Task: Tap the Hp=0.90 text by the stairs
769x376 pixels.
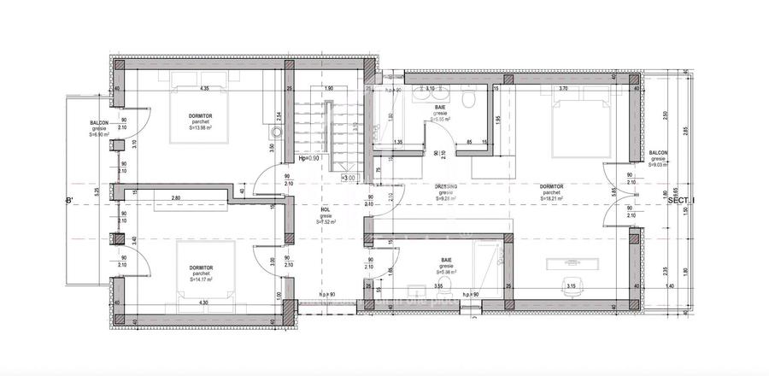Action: [x=308, y=158]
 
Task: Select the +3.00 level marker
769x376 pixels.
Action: [x=348, y=178]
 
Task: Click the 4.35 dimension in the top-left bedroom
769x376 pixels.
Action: [x=205, y=88]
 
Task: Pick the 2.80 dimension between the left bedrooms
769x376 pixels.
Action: [x=175, y=197]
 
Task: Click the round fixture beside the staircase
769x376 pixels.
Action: [x=274, y=134]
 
